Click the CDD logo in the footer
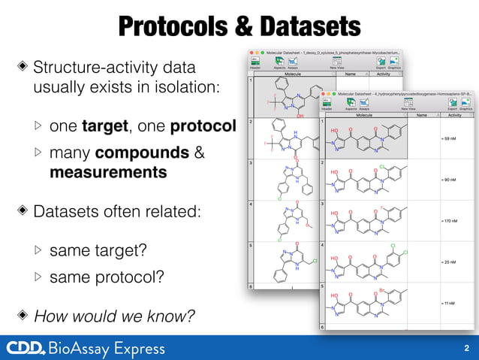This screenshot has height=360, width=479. pyautogui.click(x=25, y=348)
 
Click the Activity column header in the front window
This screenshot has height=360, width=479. pyautogui.click(x=454, y=116)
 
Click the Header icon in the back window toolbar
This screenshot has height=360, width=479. pyautogui.click(x=255, y=62)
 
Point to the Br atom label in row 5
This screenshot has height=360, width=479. pyautogui.click(x=382, y=289)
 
